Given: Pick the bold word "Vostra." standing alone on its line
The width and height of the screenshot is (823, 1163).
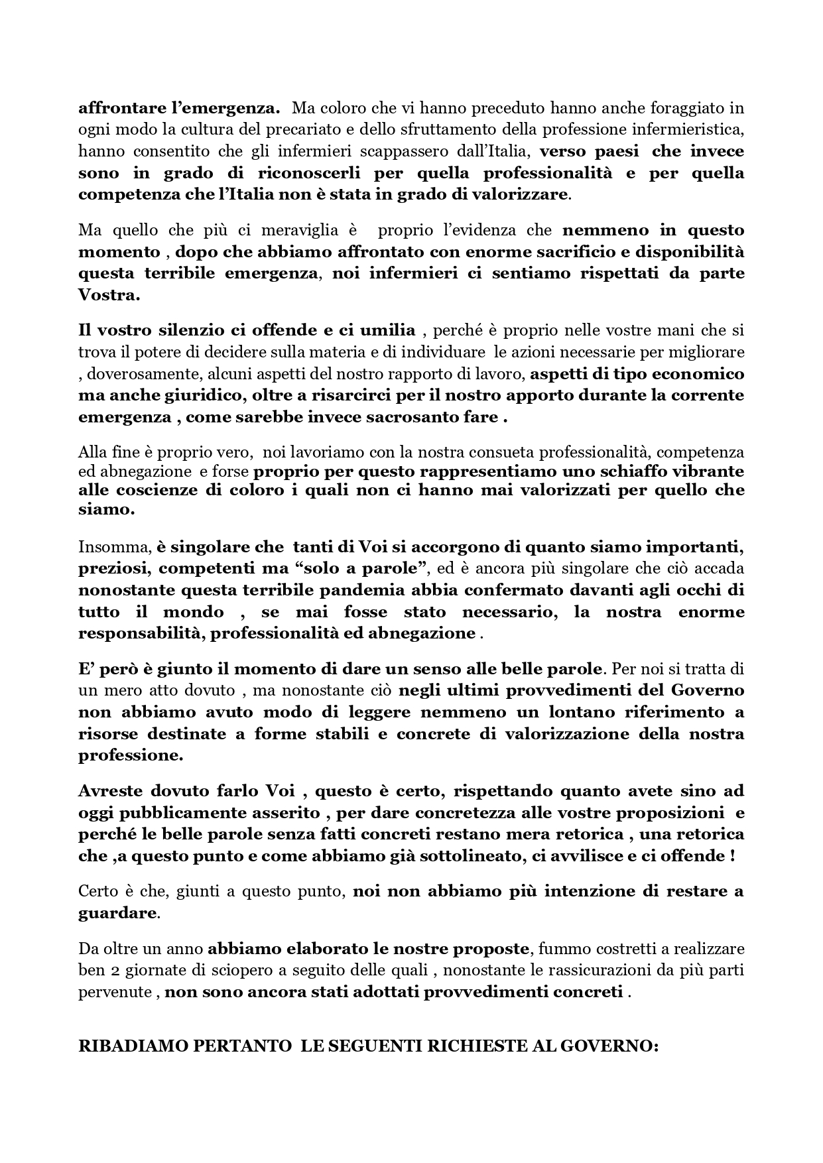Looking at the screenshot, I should pos(109,296).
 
